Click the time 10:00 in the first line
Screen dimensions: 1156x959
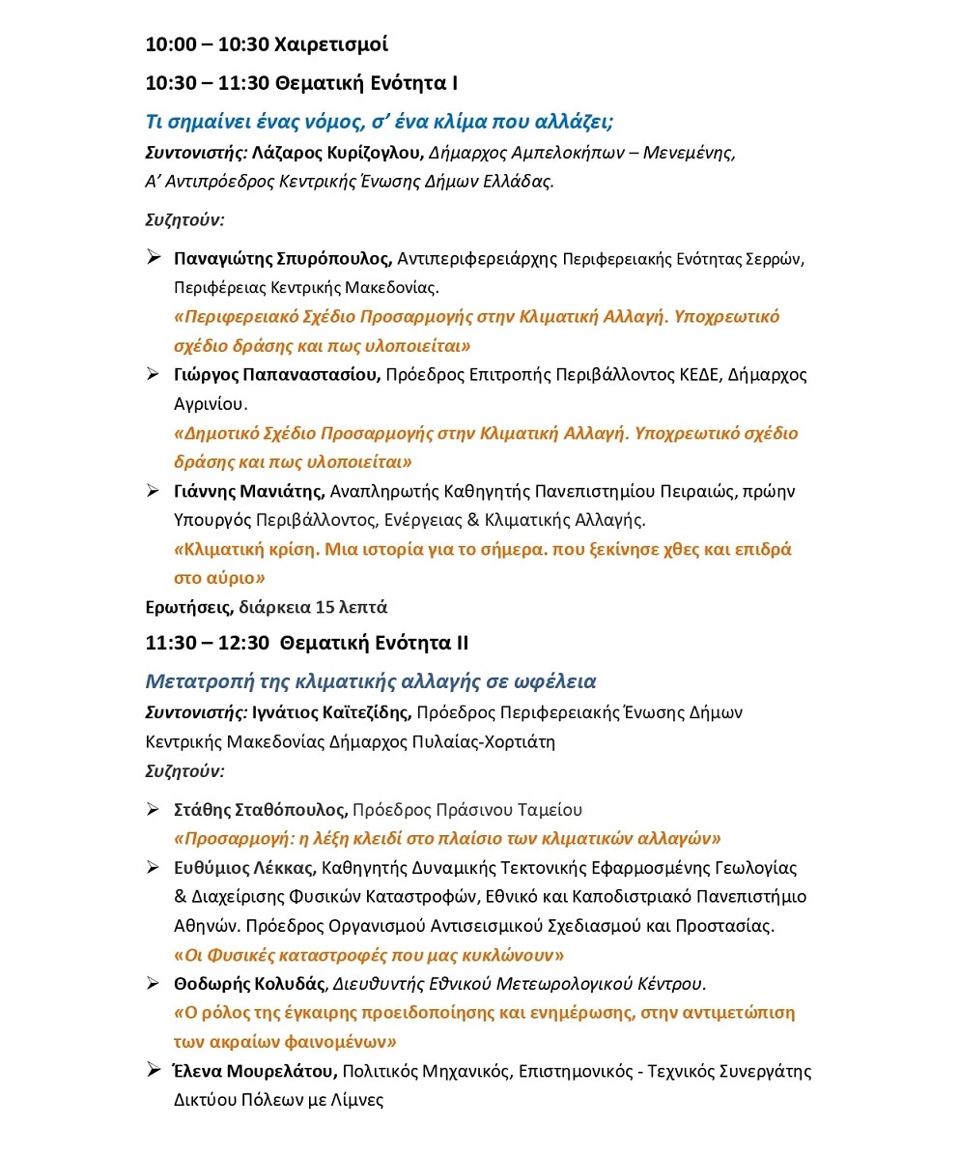tap(168, 44)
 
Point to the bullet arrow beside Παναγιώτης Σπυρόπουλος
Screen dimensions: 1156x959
tap(153, 258)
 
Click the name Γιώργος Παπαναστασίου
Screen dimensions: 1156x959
tap(277, 375)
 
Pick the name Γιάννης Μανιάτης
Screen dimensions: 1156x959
tap(250, 491)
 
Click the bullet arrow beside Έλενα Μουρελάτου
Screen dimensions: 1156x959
tap(153, 1070)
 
